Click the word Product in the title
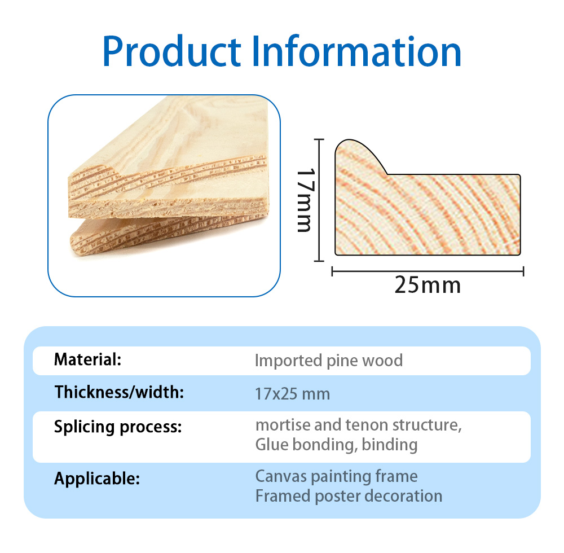point(171,51)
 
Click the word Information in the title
point(356,51)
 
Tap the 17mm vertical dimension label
point(306,200)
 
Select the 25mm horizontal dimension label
point(428,285)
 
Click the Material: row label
point(88,359)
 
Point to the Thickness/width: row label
point(119,392)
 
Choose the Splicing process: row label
point(118,427)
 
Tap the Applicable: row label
point(97,479)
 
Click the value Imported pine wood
point(329,361)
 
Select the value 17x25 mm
point(292,394)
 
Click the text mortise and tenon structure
point(358,425)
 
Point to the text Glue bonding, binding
point(336,445)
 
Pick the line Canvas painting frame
point(336,476)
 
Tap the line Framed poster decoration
point(349,496)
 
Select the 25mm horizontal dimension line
point(428,271)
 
